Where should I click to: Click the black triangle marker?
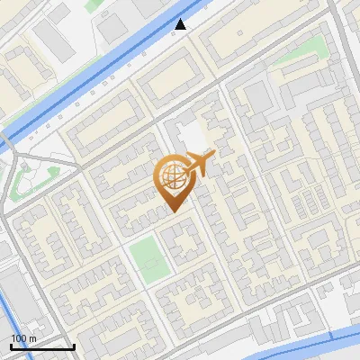[x=181, y=24]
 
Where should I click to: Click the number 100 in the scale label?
[x=20, y=338]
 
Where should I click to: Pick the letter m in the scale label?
[x=33, y=338]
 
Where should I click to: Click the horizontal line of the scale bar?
[x=41, y=347]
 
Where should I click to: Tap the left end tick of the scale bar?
[x=11, y=346]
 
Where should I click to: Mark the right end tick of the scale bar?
[x=73, y=346]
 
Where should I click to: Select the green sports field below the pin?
[x=147, y=258]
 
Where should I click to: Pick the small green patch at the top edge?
[x=94, y=4]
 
